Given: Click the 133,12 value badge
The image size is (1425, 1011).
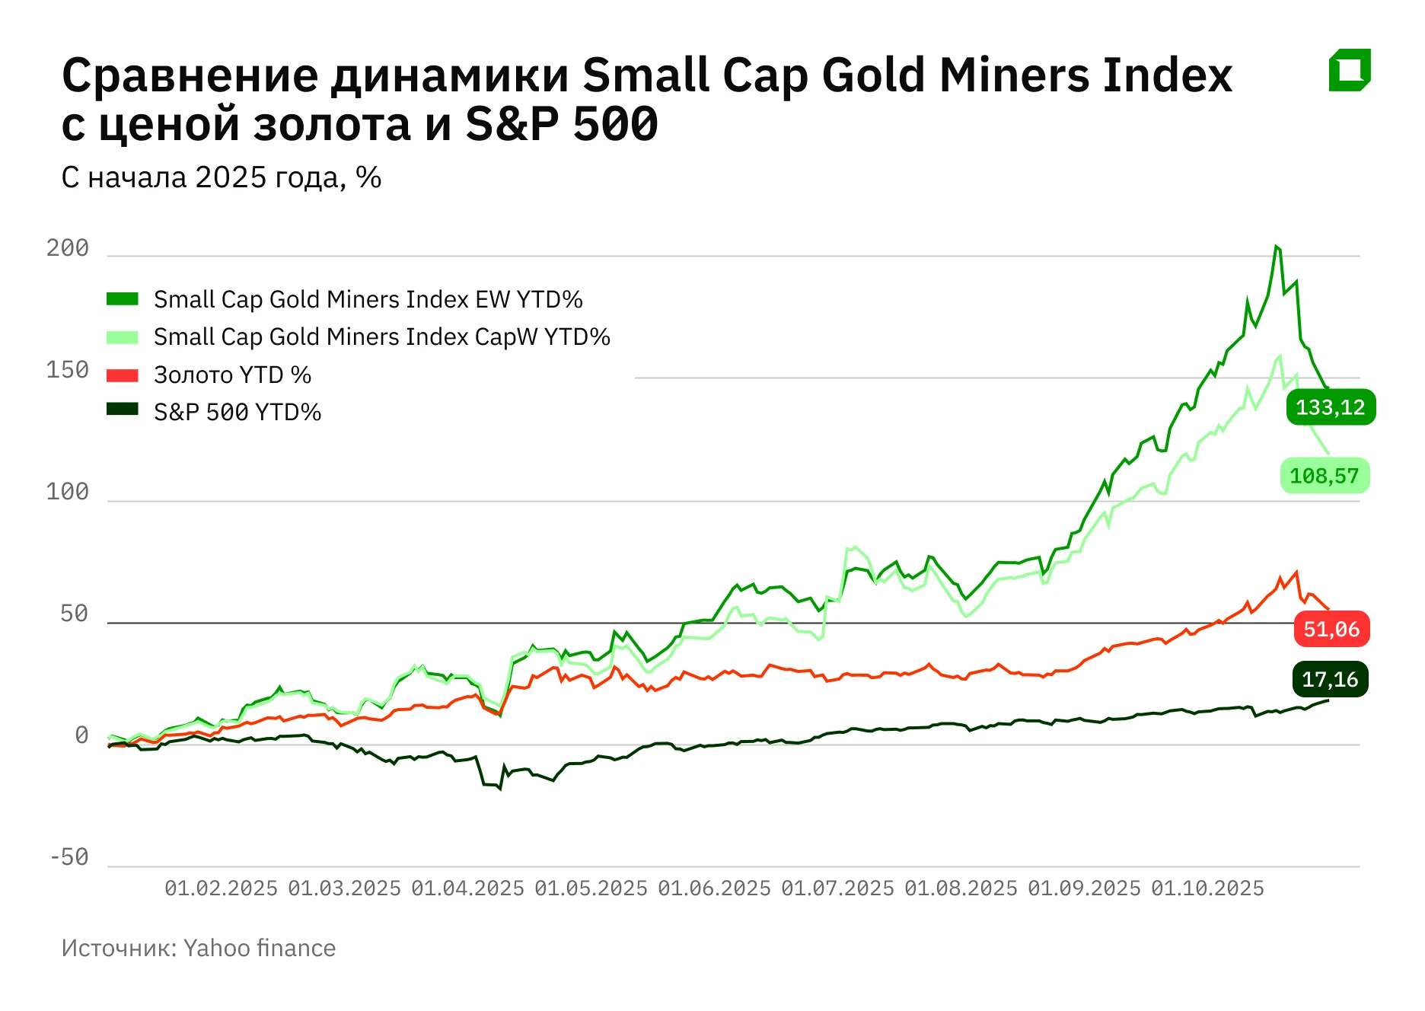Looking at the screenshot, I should pos(1330,407).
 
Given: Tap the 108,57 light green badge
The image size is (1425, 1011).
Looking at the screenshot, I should pos(1324,476).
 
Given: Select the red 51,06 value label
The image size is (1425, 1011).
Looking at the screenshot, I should pos(1331,629).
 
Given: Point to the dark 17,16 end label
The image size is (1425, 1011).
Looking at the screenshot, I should pos(1329,679).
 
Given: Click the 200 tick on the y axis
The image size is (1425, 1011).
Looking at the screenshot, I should pos(68,248).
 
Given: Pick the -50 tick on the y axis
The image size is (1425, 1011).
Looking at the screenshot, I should pos(69,857).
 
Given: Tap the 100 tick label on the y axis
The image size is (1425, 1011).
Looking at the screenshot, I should pos(68,492).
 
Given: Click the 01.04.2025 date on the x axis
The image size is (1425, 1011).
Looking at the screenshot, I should pos(467,888).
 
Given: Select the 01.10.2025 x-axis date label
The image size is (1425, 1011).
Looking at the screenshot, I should pos(1207,888).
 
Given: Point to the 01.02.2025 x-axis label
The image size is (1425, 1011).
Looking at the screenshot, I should pos(221,888).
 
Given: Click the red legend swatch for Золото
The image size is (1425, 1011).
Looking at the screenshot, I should pos(122,375).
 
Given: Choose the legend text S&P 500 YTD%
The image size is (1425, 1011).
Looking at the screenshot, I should pos(237,412).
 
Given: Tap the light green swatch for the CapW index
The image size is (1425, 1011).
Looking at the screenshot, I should pos(122,337).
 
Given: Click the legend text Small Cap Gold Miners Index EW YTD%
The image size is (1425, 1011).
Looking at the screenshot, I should pos(368,299).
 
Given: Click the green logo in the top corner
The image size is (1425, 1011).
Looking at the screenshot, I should pos(1349,70).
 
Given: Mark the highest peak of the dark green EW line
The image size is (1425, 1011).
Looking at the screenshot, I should pos(1277,247).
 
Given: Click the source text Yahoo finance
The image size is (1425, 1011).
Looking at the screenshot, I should pos(259,948).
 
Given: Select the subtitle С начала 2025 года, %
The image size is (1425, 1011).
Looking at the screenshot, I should pos(221,177).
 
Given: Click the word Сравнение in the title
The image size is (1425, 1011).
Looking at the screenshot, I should pos(190,75).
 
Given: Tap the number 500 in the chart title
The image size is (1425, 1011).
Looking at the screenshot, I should pos(615,124).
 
